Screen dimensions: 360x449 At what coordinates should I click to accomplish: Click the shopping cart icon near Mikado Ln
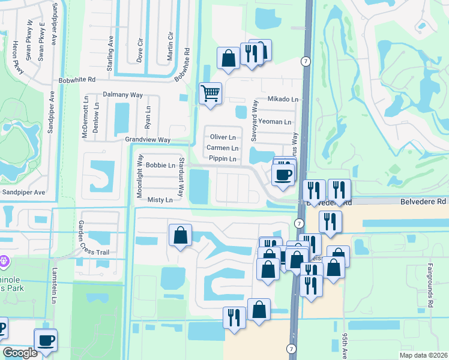pos(210,94)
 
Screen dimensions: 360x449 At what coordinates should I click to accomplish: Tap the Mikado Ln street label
pos(283,99)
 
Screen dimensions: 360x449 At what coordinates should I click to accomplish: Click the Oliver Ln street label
pos(223,137)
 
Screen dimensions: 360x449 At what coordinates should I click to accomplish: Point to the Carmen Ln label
pos(222,148)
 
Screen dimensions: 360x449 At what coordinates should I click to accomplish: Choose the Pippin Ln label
pos(222,158)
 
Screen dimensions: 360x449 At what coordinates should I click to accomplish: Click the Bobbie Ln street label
pos(160,165)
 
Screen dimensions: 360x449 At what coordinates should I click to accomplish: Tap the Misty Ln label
pos(160,200)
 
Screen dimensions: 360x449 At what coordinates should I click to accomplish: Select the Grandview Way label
pos(148,140)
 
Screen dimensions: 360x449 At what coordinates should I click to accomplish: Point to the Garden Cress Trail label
pos(94,237)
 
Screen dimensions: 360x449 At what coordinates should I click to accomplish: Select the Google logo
pos(20,352)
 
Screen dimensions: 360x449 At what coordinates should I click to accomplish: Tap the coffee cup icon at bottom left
pos(46,340)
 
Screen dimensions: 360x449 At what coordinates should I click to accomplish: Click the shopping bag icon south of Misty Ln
pos(180,236)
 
